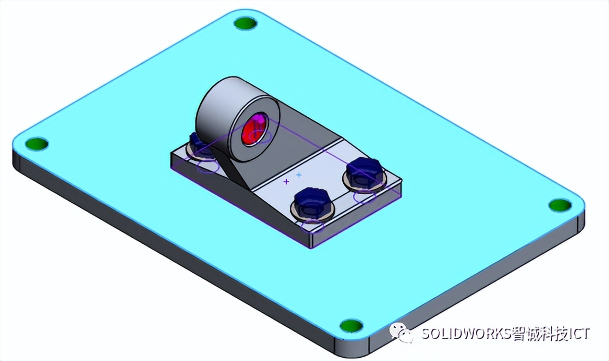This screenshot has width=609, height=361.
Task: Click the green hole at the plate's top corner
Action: click(x=245, y=23)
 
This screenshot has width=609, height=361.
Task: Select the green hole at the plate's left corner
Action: click(x=37, y=144)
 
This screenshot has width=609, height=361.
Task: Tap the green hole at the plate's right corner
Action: click(x=560, y=205)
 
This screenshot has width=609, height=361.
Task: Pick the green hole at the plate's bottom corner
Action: click(x=351, y=326)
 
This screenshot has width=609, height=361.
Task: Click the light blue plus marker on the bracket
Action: click(x=298, y=175)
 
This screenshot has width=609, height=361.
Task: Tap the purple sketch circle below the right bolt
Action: click(x=365, y=197)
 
